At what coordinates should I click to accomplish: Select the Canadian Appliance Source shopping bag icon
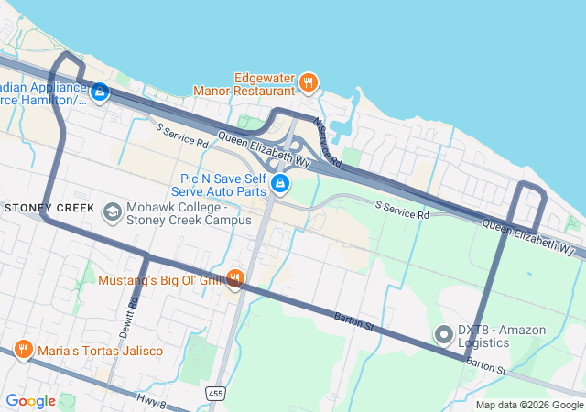100,92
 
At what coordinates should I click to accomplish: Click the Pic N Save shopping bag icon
281,185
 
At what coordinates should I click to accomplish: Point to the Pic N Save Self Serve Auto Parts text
222,185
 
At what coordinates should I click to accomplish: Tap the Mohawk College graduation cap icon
113,212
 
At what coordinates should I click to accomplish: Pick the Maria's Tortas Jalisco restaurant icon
22,349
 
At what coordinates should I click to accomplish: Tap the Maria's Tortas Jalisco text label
100,351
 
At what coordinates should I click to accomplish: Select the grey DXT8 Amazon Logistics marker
444,335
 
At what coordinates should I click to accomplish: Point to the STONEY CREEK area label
49,208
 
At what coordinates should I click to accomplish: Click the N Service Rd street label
327,141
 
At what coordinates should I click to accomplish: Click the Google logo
30,401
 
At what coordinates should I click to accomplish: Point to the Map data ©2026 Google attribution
529,405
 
